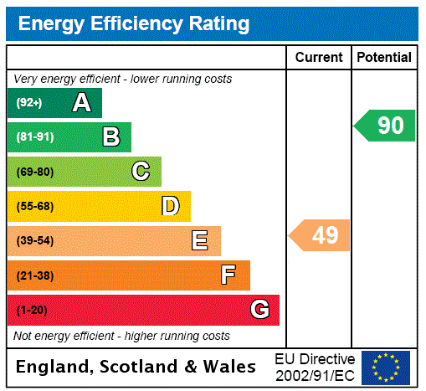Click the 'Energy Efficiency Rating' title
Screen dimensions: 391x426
click(x=133, y=23)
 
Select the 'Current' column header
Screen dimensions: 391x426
click(x=319, y=58)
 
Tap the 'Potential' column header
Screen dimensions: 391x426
click(x=384, y=58)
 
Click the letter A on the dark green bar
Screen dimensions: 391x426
click(x=81, y=103)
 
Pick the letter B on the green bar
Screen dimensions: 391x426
click(x=110, y=137)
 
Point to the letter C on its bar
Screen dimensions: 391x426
click(x=141, y=172)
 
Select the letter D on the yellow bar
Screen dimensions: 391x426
click(x=170, y=206)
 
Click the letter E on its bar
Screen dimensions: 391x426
click(x=200, y=241)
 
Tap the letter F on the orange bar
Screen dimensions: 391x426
click(x=228, y=275)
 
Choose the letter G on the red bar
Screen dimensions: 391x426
click(x=259, y=310)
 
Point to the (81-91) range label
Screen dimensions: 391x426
click(x=35, y=137)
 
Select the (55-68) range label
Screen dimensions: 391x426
click(x=35, y=207)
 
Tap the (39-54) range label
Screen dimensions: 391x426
click(x=35, y=241)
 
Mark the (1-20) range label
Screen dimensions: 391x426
click(x=32, y=311)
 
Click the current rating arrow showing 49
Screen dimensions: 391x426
click(x=321, y=235)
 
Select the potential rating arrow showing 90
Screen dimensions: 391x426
click(x=386, y=126)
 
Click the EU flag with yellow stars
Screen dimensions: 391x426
click(x=386, y=367)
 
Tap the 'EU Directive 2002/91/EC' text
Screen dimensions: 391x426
click(x=315, y=367)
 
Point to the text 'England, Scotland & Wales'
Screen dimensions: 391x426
click(x=136, y=367)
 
